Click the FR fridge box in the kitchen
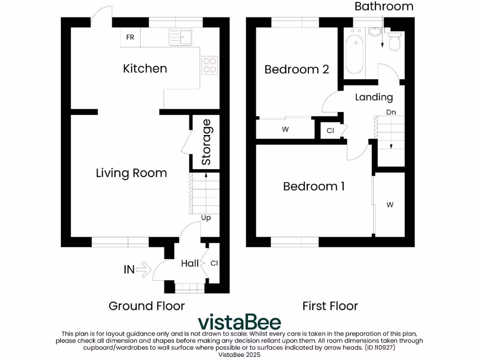130,37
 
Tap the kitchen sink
181,37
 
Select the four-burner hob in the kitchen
210,65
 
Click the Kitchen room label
145,68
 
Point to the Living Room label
131,173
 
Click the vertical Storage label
206,142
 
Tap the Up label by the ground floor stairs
206,218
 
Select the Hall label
190,264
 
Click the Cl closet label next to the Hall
214,263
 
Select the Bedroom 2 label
297,69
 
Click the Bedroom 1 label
314,187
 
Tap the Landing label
374,97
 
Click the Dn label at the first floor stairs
391,112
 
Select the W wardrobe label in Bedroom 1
390,205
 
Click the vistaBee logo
240,322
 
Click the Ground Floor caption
147,306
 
